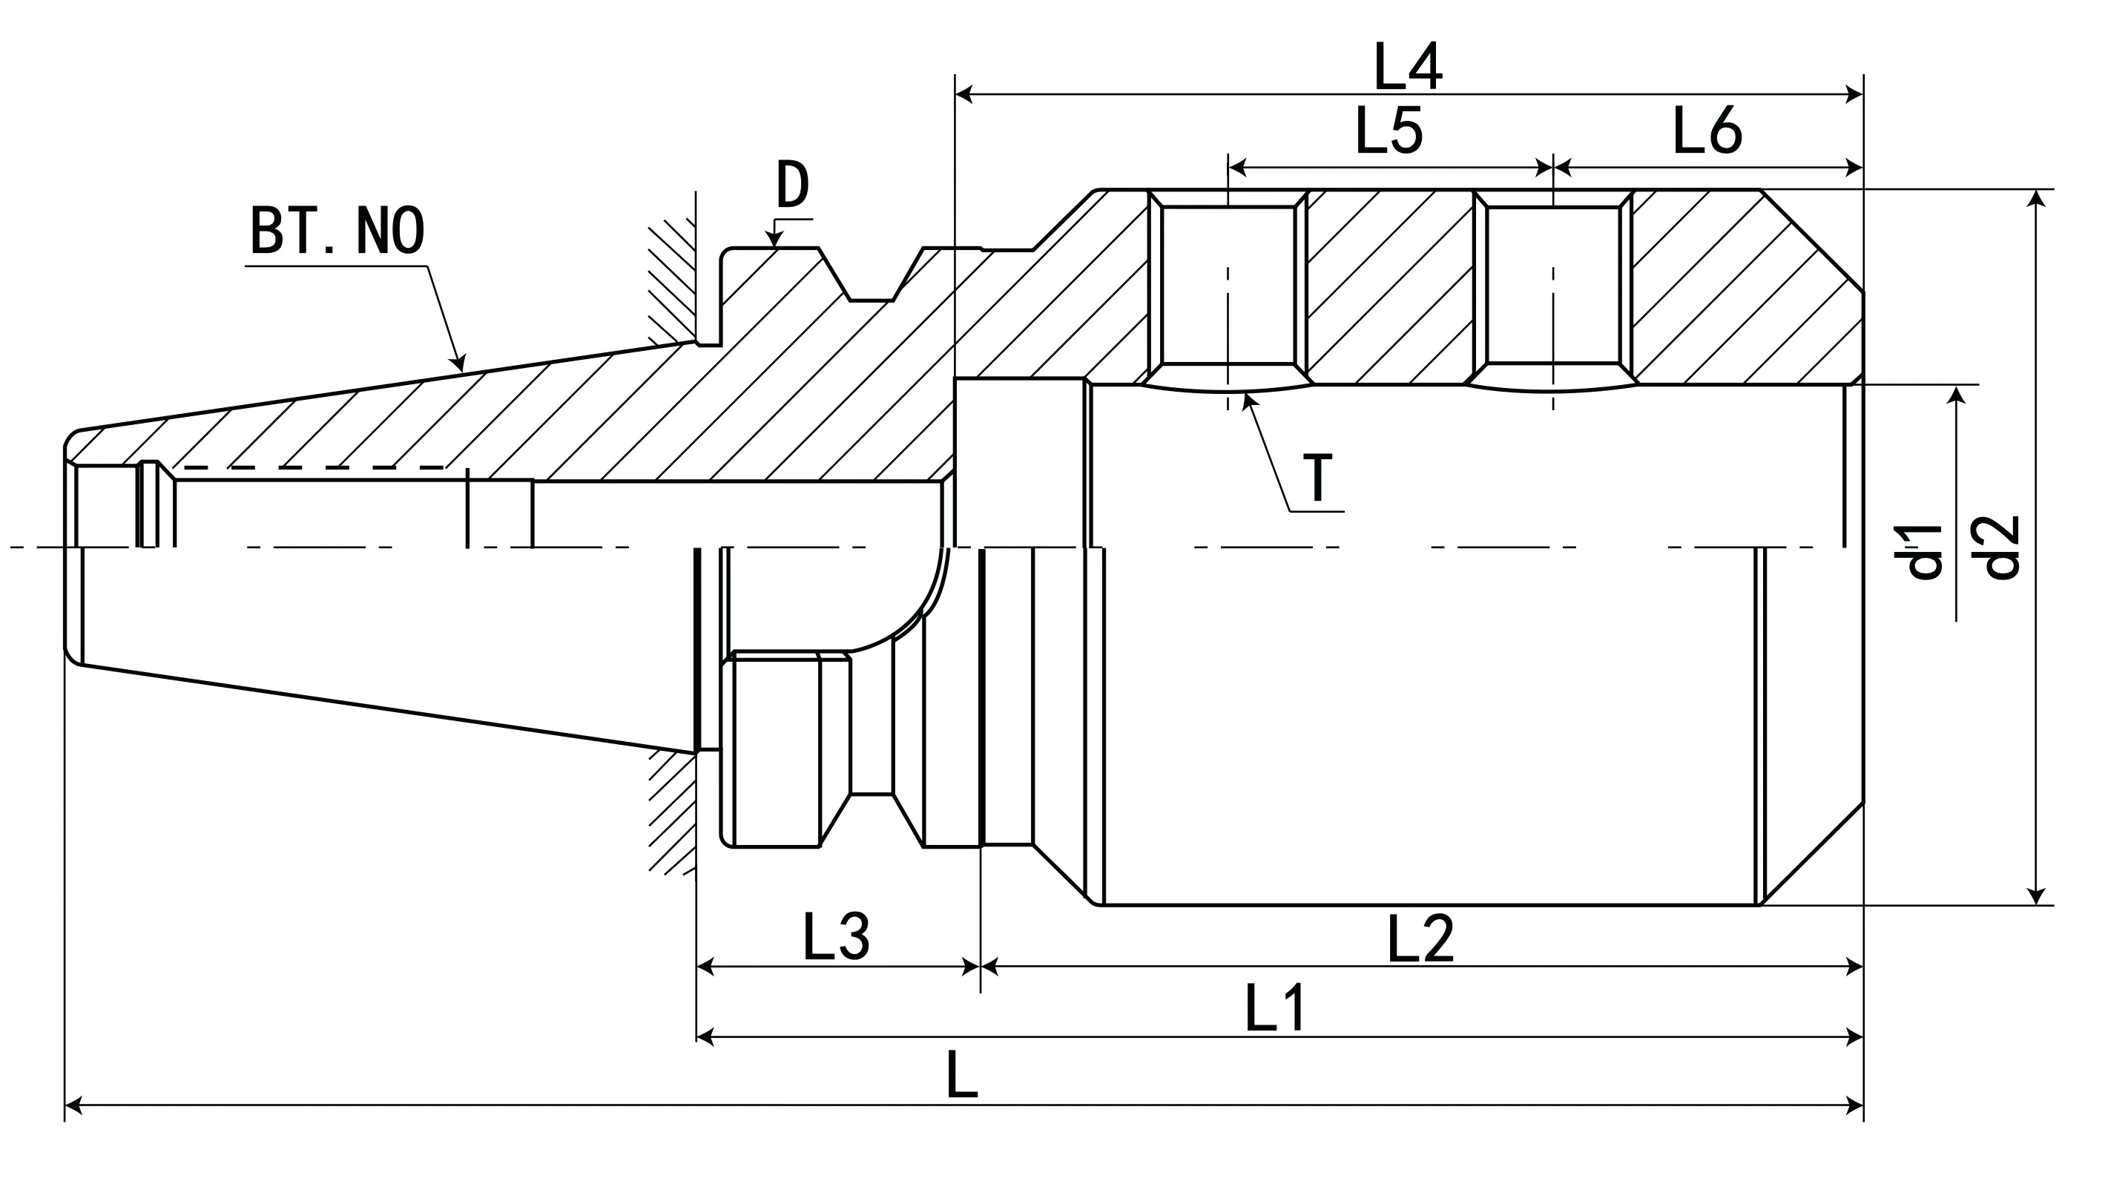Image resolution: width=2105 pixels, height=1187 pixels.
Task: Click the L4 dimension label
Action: pyautogui.click(x=1407, y=67)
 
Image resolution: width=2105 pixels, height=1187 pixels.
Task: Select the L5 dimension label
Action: pyautogui.click(x=1388, y=131)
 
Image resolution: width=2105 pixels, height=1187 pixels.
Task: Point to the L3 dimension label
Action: pyautogui.click(x=836, y=937)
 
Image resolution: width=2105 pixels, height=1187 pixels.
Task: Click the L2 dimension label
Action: pyautogui.click(x=1420, y=938)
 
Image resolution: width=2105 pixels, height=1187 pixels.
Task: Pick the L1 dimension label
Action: pyautogui.click(x=1276, y=1009)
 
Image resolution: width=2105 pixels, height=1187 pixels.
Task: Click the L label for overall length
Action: pyautogui.click(x=961, y=1076)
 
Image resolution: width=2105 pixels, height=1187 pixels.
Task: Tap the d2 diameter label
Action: pyautogui.click(x=2001, y=548)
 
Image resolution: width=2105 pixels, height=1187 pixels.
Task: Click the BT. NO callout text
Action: pyautogui.click(x=337, y=231)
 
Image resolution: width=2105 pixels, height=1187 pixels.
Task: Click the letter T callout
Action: pyautogui.click(x=1317, y=479)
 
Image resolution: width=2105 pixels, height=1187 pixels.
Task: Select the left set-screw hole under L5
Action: pyautogui.click(x=1228, y=284)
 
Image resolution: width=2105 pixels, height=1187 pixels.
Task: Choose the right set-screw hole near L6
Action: pyautogui.click(x=1552, y=284)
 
